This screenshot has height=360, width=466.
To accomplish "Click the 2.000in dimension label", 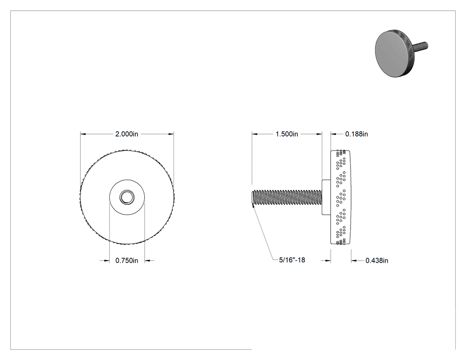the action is pos(126,134).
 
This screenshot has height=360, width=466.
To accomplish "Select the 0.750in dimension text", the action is pos(126,261).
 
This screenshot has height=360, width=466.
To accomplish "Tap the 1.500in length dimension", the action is pos(287,134).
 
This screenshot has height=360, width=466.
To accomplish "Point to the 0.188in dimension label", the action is pos(356,134).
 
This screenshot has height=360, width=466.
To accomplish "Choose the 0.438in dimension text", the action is pos(376,261).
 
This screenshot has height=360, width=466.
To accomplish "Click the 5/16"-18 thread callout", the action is pos(292,260).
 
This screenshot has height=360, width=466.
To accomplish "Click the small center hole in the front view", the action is pos(127,197).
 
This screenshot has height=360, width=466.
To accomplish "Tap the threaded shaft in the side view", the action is pos(287,197).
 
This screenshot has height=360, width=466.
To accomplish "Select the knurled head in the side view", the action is pos(340,197).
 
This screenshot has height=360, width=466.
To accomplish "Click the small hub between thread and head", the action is pos(326,197).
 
